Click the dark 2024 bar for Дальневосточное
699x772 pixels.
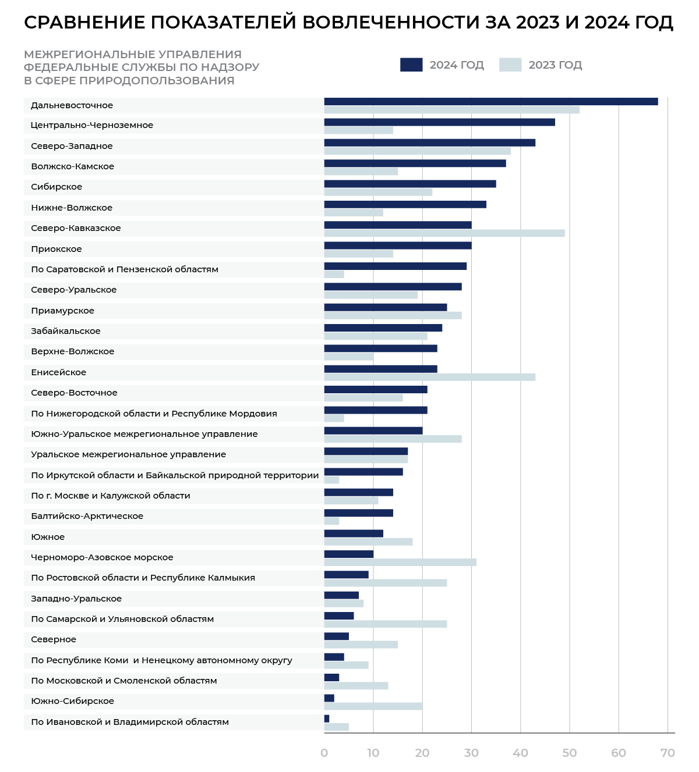tap(490, 102)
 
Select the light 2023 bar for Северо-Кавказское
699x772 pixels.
tap(444, 233)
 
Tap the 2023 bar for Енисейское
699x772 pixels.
tap(429, 377)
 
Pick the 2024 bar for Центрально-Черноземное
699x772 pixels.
tap(439, 122)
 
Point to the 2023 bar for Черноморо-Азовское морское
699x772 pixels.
tap(400, 563)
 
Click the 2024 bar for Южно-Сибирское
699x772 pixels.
tap(329, 698)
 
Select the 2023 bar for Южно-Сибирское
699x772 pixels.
tap(373, 706)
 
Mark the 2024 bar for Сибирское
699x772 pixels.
tap(409, 184)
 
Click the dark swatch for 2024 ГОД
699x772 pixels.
tap(411, 65)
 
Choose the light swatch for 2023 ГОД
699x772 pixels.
tap(510, 65)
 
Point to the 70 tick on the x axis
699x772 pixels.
tap(668, 753)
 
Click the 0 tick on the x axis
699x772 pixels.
tap(324, 753)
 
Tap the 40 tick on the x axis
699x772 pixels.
tap(520, 753)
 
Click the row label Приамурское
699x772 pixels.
tap(62, 311)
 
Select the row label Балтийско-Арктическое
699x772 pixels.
tap(87, 516)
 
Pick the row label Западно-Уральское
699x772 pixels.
tap(76, 599)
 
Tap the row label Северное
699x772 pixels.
tap(54, 639)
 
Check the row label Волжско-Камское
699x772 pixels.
tap(72, 166)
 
